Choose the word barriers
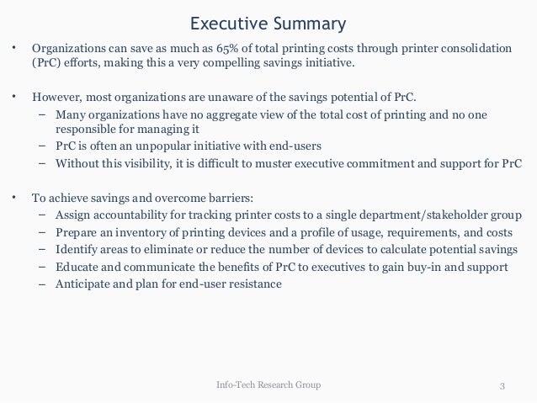coord(223,198)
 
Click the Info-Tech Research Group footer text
coord(268,385)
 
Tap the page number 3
coord(502,386)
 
